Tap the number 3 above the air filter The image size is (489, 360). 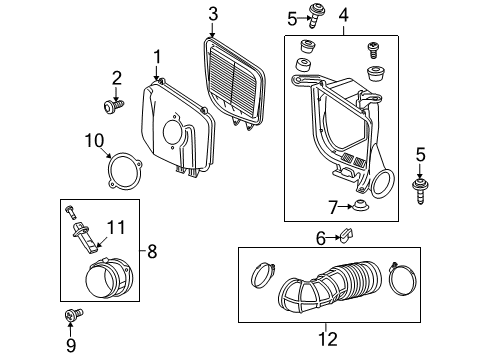213,13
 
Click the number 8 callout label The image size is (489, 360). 153,253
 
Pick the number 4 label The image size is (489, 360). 343,15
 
